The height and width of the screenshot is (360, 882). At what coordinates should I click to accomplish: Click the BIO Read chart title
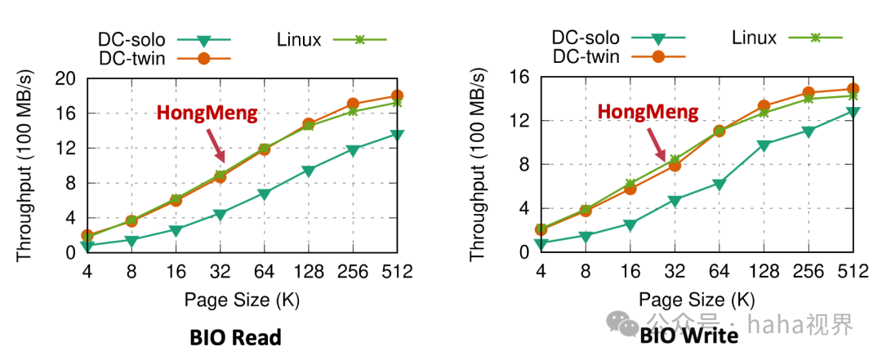[235, 337]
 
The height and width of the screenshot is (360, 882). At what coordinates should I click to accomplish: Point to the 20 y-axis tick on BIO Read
[65, 78]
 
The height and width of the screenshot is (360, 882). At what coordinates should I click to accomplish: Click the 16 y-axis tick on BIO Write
[520, 77]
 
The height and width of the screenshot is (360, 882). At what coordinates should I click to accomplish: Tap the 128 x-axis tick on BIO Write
[763, 270]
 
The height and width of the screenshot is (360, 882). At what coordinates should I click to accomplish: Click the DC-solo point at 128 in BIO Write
[764, 145]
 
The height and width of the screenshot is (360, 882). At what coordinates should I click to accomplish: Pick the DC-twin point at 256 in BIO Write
[808, 92]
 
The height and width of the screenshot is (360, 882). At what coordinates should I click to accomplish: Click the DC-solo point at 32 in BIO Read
[220, 215]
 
